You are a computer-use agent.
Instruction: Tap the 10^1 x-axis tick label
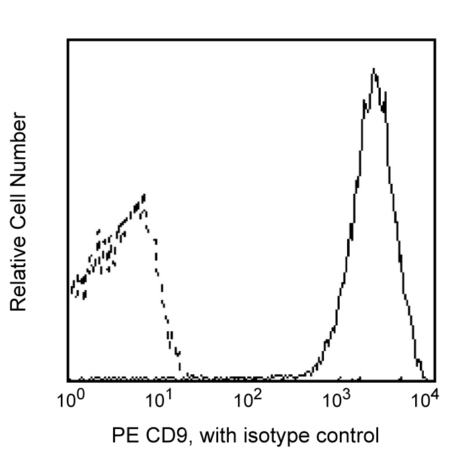click(x=157, y=400)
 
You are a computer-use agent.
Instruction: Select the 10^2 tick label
click(x=247, y=400)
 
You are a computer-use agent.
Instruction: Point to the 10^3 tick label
click(x=336, y=400)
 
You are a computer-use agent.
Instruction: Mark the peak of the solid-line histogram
click(x=374, y=69)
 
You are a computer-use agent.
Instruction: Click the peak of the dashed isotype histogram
click(x=143, y=196)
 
